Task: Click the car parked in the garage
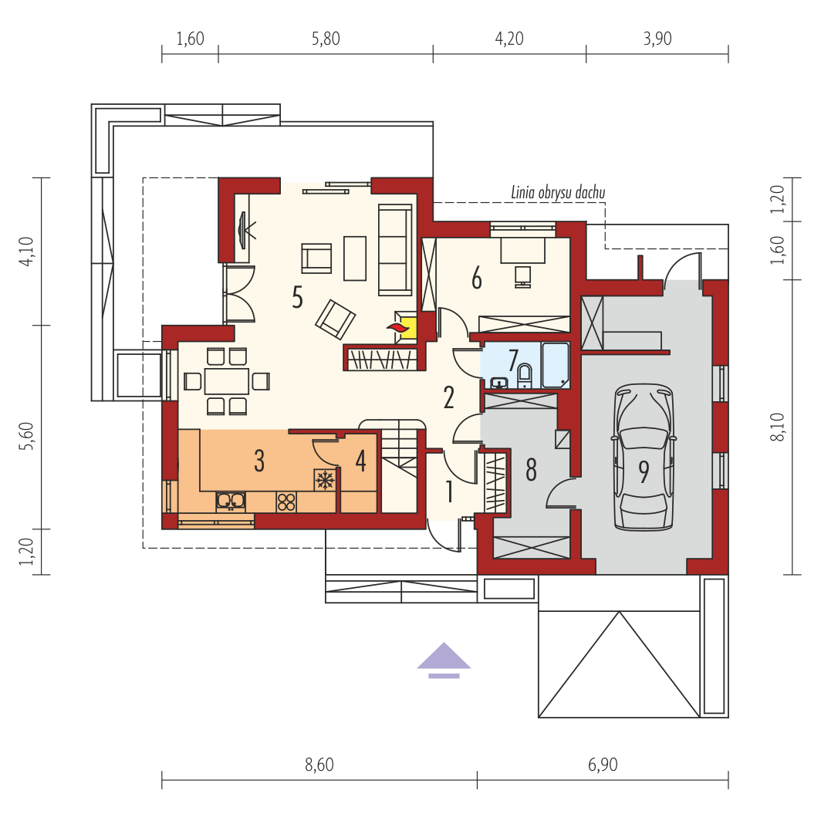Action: pos(644,457)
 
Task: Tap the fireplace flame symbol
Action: pos(398,327)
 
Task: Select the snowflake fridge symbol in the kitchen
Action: pos(325,480)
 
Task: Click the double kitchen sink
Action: pos(231,502)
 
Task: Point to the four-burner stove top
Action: pos(286,502)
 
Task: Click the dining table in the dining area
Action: pos(226,381)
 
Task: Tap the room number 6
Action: pos(477,278)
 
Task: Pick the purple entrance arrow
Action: pos(444,660)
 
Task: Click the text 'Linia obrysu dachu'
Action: pos(558,193)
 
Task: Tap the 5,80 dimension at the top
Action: pos(326,39)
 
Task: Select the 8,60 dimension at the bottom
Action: pos(319,765)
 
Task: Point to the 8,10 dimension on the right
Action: pos(778,427)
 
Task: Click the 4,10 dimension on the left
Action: pos(26,252)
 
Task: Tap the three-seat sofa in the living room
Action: pos(395,250)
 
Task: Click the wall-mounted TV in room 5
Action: pos(243,230)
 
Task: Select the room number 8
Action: pos(531,470)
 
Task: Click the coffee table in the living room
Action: pos(355,258)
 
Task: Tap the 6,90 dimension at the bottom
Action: pos(603,765)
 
